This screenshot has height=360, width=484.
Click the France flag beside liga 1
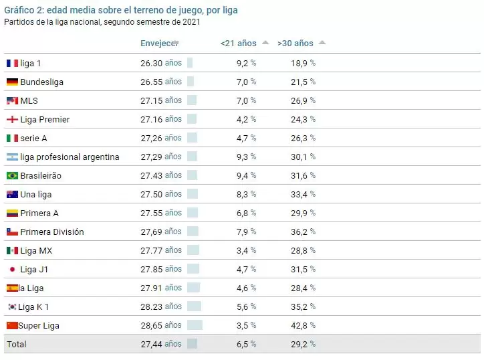pos(12,63)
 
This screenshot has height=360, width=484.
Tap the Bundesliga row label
pos(41,82)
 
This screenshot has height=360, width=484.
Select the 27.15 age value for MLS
pos(152,100)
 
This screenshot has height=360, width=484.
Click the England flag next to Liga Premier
pos(12,119)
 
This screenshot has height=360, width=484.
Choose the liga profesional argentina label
pos(70,157)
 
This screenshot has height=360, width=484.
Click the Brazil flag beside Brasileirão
pos(12,175)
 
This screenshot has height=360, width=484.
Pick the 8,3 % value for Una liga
pos(247,194)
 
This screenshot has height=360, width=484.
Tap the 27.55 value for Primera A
pos(152,213)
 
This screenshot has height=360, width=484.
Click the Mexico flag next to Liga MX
pos(12,250)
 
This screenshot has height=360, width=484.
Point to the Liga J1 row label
pos(34,269)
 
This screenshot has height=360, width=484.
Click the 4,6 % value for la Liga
pos(247,288)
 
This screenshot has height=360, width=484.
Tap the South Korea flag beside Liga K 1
pos(12,306)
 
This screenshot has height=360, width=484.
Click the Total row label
pos(16,344)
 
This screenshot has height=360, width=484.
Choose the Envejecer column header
pos(157,43)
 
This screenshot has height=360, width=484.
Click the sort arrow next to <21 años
pos(265,43)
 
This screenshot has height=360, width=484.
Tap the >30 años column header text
pos(295,43)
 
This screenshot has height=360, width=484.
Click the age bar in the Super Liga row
pos(195,325)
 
